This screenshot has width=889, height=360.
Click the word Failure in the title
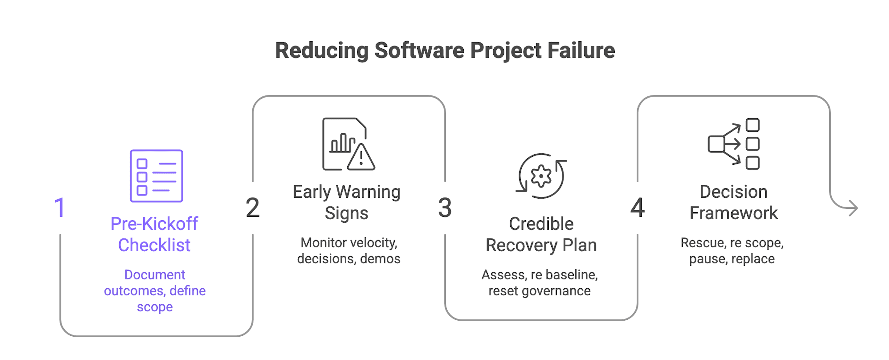(581, 51)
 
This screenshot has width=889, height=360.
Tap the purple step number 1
(60, 208)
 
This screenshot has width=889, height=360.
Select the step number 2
(252, 208)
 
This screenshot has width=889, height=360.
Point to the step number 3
(445, 208)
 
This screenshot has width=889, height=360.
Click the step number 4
(637, 208)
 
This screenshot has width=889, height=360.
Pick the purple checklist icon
(156, 176)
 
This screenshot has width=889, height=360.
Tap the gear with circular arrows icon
(541, 176)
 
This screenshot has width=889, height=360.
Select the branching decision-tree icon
(734, 144)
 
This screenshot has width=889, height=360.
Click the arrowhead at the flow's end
(853, 208)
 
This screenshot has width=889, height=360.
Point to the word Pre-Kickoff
(154, 224)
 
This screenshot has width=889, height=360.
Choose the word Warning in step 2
(368, 192)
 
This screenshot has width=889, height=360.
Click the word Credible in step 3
(541, 224)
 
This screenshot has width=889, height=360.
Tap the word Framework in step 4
(734, 213)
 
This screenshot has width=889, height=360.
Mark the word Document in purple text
(154, 275)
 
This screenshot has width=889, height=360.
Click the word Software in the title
(419, 51)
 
